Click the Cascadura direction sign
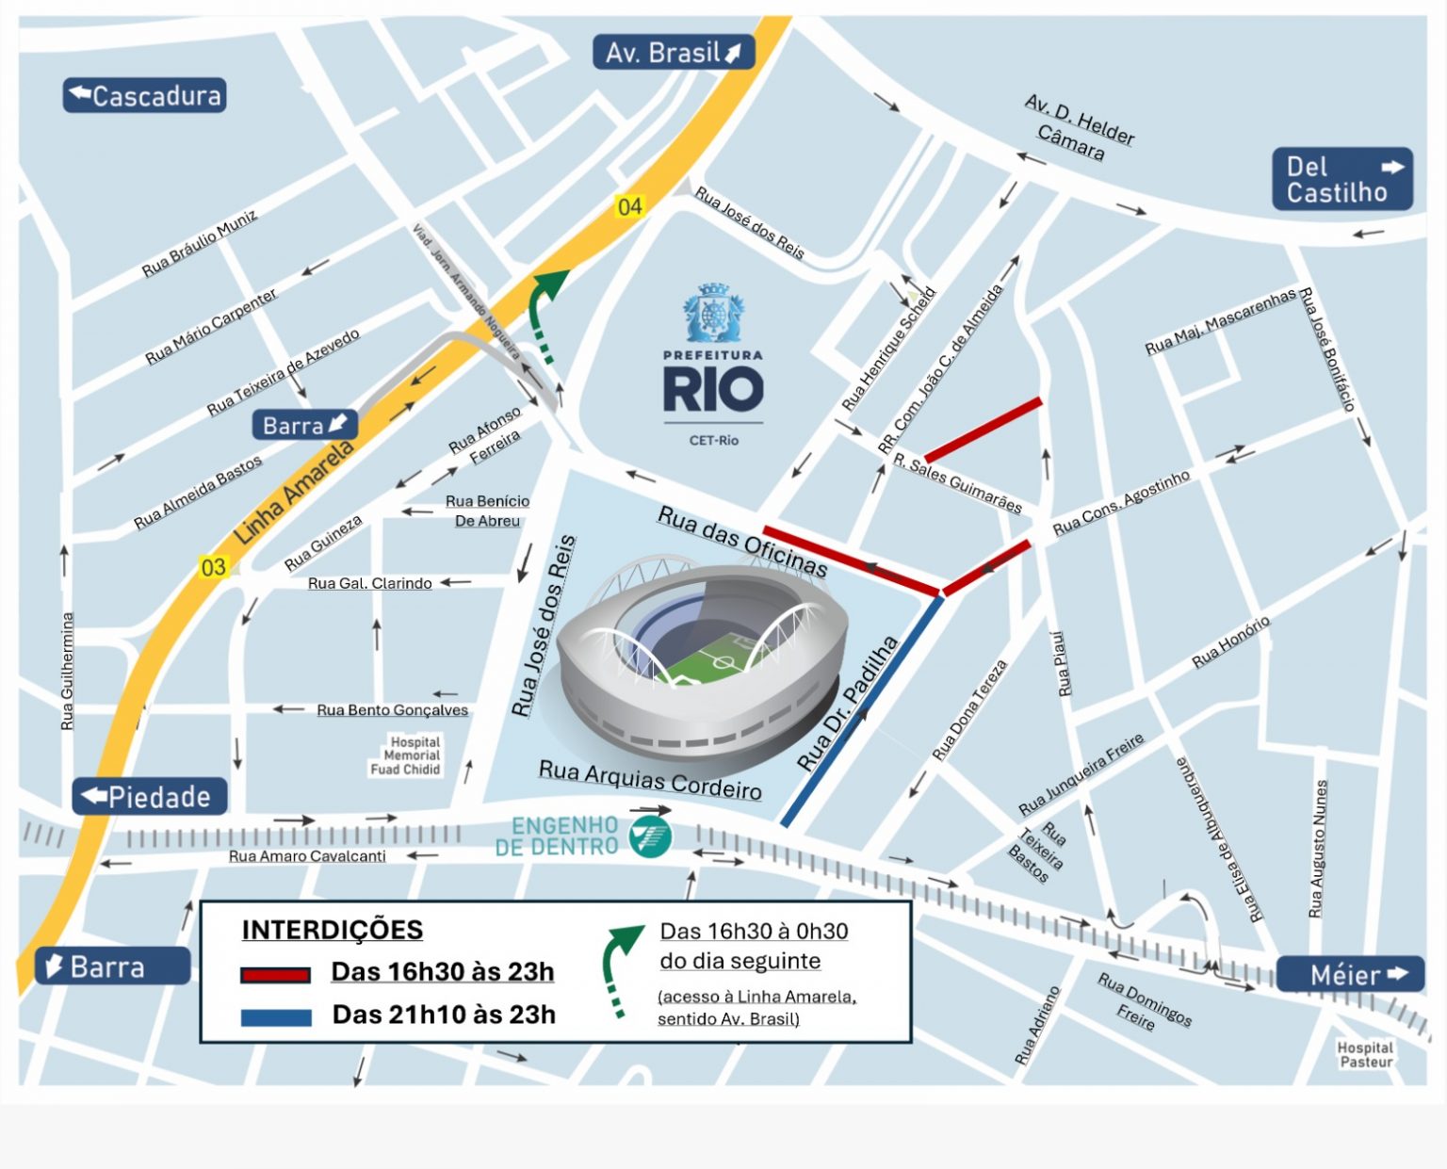144,95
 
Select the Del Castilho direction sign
1342,179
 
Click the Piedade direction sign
150,797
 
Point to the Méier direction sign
1349,974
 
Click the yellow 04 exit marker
629,206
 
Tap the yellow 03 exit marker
214,567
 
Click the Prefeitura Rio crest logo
713,316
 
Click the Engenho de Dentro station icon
651,836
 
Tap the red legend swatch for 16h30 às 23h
275,975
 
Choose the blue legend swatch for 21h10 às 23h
275,1017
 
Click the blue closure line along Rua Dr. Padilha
862,711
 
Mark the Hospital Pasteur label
1365,1054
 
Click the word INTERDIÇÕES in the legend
332,930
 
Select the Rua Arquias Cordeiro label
650,780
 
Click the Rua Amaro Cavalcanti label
307,856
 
